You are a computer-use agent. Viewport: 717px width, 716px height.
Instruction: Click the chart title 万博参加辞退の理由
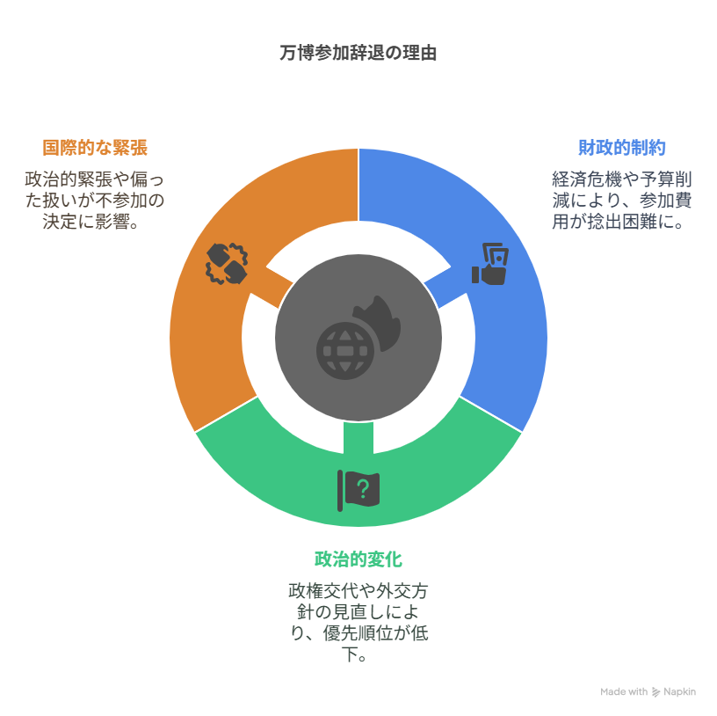(x=358, y=53)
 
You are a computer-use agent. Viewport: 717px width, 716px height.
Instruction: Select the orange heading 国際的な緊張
(x=95, y=147)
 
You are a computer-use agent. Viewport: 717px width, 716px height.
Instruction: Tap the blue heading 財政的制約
(x=621, y=147)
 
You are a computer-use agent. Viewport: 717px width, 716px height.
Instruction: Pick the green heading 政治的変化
(x=358, y=559)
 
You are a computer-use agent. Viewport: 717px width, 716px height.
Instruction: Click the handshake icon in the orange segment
(x=227, y=263)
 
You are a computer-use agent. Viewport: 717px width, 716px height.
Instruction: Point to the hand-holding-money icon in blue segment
(x=491, y=264)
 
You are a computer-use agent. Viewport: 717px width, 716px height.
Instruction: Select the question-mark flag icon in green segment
(x=358, y=490)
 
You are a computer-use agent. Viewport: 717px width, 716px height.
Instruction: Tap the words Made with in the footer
(x=624, y=692)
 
